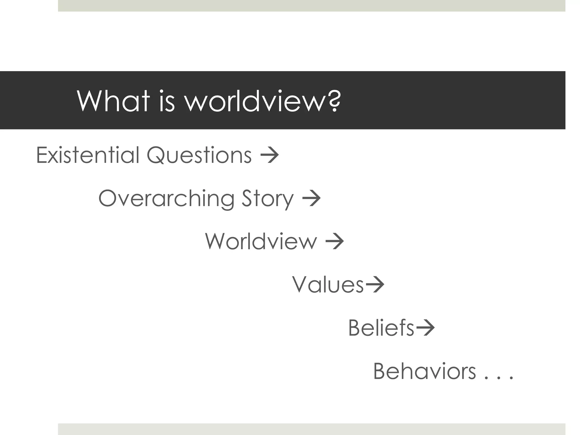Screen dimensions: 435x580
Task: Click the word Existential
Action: click(x=88, y=155)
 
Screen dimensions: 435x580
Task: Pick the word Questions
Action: click(x=199, y=155)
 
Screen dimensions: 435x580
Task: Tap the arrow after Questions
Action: click(x=269, y=155)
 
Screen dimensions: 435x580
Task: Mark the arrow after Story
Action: click(x=311, y=199)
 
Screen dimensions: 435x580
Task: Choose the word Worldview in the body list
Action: click(x=261, y=241)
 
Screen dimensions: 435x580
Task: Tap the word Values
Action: click(x=328, y=284)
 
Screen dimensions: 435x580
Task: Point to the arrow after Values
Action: click(x=375, y=284)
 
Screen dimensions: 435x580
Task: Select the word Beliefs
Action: click(x=381, y=328)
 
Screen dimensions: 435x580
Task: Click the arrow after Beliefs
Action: click(x=425, y=328)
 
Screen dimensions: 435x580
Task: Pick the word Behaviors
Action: click(x=425, y=371)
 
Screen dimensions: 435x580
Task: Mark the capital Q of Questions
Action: click(x=156, y=155)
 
